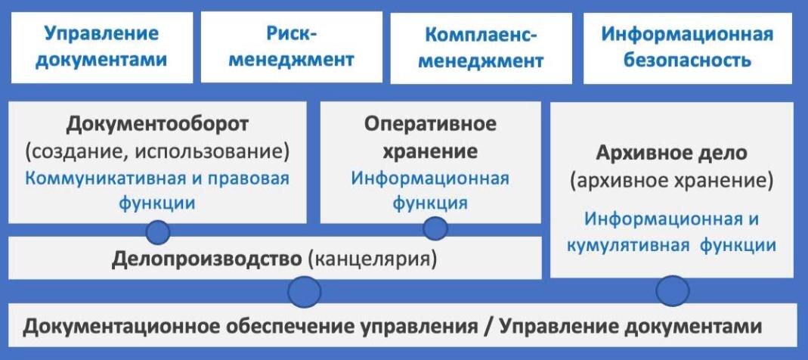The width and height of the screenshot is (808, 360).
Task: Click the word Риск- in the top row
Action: pos(292,34)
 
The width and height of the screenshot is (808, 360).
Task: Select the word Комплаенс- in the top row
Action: pos(481,36)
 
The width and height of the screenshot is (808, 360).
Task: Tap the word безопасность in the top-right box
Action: pos(687,61)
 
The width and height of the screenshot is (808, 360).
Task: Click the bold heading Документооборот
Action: pos(158,125)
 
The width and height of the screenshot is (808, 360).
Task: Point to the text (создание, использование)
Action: pos(158,152)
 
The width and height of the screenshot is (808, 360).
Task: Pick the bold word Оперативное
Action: pos(430,124)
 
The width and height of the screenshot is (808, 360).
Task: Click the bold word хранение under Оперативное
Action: pos(430,151)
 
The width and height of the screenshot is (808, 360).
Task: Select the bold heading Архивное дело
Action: pos(671,154)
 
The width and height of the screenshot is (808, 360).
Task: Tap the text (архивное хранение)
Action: pos(671,181)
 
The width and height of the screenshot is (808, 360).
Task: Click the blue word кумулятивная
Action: pos(628,246)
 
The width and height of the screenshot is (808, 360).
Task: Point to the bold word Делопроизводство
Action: pos(206,259)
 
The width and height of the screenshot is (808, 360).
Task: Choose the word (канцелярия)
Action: pos(372,259)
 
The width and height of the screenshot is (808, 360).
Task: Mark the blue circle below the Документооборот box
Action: pos(158,232)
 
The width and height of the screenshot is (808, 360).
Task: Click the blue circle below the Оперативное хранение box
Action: pos(435,228)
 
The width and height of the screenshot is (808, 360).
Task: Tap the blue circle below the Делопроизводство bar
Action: pos(304,292)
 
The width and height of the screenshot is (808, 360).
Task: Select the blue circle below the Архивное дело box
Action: pos(673,291)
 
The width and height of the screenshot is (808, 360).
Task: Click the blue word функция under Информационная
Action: pos(430,203)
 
